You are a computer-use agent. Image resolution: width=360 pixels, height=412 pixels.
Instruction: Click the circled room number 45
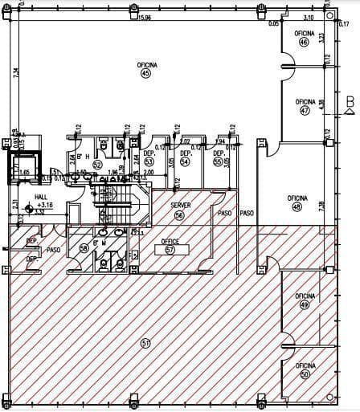(x=145, y=74)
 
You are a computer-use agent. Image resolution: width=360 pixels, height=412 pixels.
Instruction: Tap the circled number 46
(x=303, y=43)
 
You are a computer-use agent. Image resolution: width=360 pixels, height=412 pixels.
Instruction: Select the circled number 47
(x=305, y=111)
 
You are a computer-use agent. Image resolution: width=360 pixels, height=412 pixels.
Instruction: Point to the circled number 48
(x=297, y=206)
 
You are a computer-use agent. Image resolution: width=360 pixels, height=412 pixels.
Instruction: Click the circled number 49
(x=304, y=305)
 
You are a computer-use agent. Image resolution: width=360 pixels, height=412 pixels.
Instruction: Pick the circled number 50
(x=305, y=374)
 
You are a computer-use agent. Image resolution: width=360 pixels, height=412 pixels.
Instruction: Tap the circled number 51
(x=145, y=344)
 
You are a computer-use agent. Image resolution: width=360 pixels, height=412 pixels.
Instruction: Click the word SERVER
(x=180, y=206)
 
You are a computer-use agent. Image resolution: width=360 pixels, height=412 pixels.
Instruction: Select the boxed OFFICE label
(x=170, y=241)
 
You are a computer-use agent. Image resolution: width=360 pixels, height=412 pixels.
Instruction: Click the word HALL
(x=41, y=197)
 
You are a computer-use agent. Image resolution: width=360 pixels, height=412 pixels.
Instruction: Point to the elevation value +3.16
(x=44, y=206)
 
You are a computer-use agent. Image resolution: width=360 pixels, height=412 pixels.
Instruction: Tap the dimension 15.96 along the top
(x=145, y=17)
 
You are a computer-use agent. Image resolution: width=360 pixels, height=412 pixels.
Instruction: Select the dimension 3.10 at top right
(x=308, y=17)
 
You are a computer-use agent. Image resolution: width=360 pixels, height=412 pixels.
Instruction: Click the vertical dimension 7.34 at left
(x=15, y=74)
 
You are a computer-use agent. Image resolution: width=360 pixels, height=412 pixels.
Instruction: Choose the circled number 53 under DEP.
(x=149, y=161)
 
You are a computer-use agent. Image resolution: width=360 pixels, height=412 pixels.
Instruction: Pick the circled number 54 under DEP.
(x=185, y=161)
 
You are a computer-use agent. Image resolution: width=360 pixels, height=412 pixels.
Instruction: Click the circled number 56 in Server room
(x=180, y=215)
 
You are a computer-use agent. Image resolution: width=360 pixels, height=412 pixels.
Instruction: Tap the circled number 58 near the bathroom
(x=84, y=248)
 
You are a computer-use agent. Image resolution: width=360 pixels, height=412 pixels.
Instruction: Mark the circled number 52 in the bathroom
(x=97, y=165)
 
